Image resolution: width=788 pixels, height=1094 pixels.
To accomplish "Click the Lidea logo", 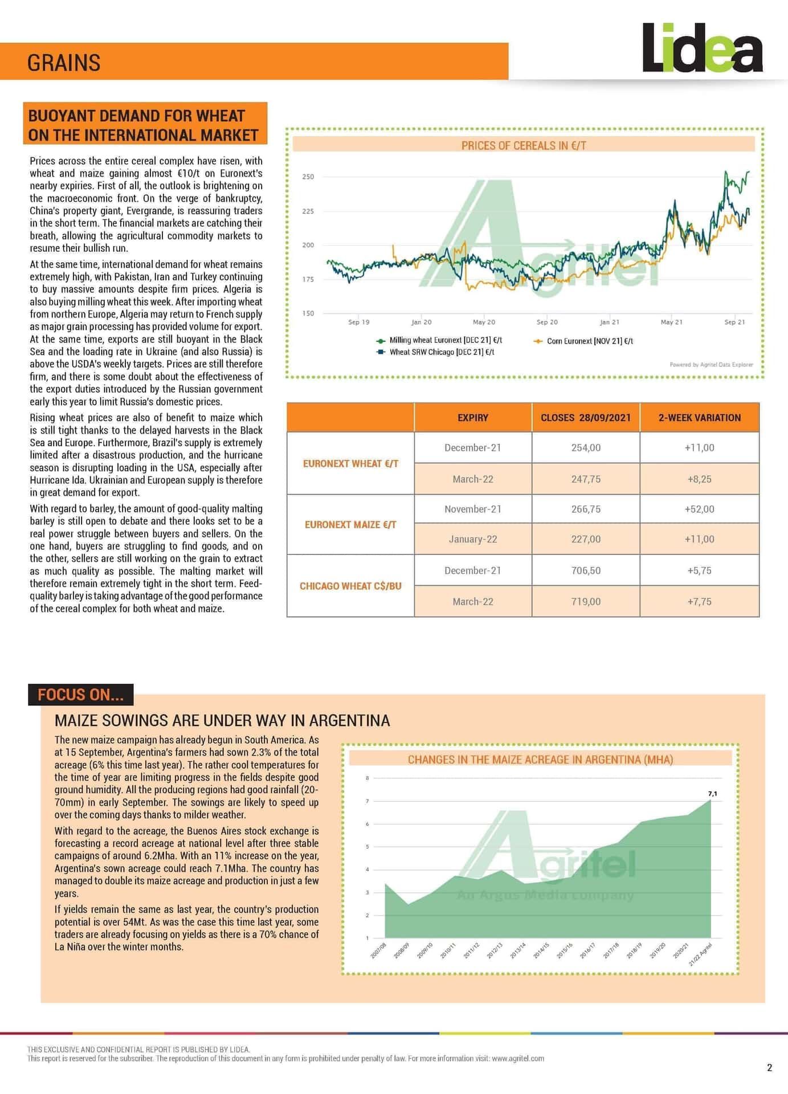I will click(702, 48).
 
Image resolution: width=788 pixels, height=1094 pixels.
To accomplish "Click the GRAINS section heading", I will click(64, 63).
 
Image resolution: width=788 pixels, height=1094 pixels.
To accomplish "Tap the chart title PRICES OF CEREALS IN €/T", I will click(524, 145).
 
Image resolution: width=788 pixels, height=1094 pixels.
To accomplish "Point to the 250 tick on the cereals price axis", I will click(308, 177).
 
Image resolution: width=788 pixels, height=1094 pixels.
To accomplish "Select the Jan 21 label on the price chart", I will click(609, 323).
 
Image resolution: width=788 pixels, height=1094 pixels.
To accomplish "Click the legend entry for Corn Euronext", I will click(589, 341).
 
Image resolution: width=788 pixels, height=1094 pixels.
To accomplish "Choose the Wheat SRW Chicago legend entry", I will click(441, 352).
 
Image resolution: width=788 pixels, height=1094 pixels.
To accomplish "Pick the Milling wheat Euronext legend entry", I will click(445, 340).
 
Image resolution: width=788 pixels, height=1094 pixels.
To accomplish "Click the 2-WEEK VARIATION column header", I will click(699, 418).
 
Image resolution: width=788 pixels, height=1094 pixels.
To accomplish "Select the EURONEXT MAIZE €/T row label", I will click(350, 524).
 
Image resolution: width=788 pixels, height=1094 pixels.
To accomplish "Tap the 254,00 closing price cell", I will click(586, 448).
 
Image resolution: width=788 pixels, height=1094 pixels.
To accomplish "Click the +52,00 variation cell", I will click(699, 509).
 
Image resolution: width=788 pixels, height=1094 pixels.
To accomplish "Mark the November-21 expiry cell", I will click(473, 509).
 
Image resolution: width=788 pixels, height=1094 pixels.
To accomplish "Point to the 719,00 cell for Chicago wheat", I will click(586, 602).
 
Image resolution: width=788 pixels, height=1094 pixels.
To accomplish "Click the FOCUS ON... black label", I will click(80, 695).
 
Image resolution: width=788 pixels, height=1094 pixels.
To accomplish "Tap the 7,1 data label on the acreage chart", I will click(712, 793).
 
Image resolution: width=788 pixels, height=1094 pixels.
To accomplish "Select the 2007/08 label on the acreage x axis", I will click(379, 950).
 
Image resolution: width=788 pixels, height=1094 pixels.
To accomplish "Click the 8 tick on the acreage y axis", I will click(368, 778).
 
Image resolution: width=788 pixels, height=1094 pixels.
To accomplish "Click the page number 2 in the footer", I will click(770, 1067).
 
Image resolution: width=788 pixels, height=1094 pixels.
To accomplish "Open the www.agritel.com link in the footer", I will click(517, 1058).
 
